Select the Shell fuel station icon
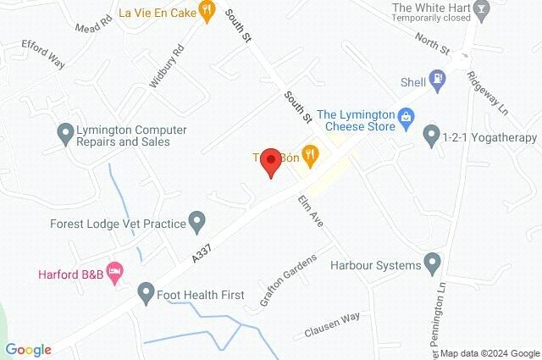coord(437,82)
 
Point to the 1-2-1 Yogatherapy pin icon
coord(431,134)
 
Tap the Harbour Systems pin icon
coord(433,263)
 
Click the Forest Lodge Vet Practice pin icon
coord(197,224)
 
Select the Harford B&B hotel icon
coord(116,273)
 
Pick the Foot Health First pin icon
coord(146,294)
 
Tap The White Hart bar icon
coord(482,11)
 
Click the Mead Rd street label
coord(93,19)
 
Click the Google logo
coord(28,349)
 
